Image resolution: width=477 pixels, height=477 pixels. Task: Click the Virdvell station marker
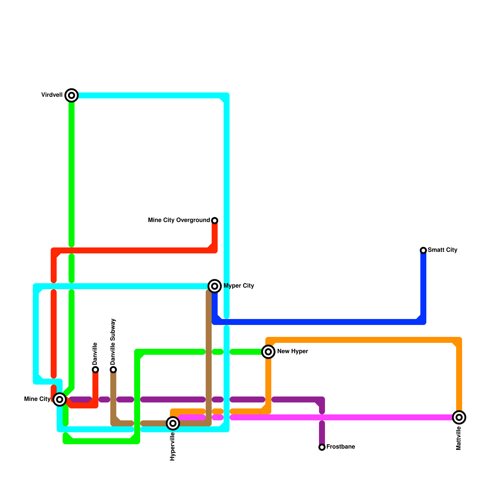72,95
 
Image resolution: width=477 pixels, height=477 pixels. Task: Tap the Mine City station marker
60,399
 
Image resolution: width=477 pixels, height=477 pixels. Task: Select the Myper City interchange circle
215,286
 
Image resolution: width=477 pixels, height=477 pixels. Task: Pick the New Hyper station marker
268,352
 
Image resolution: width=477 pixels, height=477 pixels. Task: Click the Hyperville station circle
173,423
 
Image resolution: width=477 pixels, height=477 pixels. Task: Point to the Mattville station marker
459,417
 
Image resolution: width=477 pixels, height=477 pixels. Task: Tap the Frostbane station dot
322,447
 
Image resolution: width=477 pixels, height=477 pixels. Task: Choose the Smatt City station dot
423,250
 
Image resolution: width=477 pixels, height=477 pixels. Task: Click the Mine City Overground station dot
215,221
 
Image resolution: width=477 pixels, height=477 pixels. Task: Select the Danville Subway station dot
113,370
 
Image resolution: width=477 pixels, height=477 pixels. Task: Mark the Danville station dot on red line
95,370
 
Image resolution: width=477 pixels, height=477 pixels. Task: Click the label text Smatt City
442,250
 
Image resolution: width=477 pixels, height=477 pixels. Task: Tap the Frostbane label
341,447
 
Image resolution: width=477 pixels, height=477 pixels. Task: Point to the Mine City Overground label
179,220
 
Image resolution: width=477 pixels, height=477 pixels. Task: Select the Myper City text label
239,286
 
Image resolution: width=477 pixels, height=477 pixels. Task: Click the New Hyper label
292,351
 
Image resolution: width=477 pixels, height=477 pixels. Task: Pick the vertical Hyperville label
173,447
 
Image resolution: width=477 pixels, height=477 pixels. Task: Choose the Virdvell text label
52,95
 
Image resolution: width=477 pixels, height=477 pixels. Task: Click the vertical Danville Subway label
113,342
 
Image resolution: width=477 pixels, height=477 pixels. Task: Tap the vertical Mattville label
459,438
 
